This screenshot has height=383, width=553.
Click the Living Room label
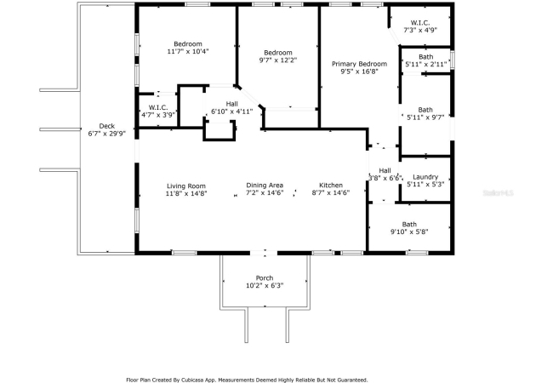(186, 186)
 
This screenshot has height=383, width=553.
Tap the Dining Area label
(265, 186)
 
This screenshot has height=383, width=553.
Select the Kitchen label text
(331, 186)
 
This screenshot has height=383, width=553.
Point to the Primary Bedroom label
(359, 64)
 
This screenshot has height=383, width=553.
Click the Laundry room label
(425, 177)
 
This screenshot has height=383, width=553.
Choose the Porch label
(265, 278)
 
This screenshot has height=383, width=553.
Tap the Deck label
(107, 126)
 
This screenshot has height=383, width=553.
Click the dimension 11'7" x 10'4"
(188, 51)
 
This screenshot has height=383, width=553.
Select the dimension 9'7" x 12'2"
(278, 60)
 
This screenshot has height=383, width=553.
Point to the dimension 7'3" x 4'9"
(420, 31)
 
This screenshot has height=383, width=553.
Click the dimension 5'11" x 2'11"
(426, 64)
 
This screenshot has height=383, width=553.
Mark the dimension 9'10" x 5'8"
(409, 232)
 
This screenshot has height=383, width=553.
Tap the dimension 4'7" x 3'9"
(158, 115)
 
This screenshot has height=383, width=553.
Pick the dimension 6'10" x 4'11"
(232, 111)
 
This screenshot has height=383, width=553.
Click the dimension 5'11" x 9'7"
(425, 117)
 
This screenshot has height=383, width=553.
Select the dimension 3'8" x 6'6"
(385, 179)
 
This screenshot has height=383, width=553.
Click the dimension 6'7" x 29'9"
(107, 134)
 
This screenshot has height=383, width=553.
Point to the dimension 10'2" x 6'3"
(265, 286)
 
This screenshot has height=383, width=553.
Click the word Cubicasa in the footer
(193, 380)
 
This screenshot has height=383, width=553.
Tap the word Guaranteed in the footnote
(352, 380)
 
